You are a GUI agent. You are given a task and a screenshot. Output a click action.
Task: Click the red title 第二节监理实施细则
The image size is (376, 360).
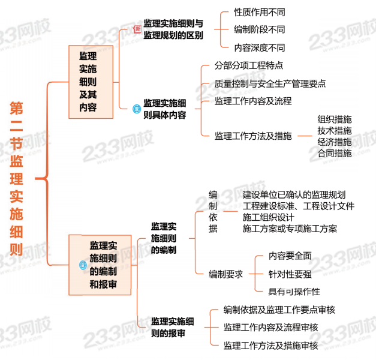(x=16, y=179)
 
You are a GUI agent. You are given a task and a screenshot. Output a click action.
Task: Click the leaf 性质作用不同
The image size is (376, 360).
(x=260, y=12)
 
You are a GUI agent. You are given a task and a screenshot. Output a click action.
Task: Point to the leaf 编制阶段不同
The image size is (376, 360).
(x=260, y=29)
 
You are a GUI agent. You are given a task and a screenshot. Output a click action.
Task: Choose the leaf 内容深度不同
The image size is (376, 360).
(x=260, y=47)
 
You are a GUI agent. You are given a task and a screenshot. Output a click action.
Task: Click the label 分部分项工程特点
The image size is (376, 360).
(x=249, y=65)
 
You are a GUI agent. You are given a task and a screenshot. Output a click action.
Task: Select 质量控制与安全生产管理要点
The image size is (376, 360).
(x=270, y=83)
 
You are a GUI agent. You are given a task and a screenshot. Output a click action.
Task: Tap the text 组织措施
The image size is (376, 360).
(x=335, y=119)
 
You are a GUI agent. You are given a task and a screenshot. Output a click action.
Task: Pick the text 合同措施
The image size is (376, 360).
(x=335, y=153)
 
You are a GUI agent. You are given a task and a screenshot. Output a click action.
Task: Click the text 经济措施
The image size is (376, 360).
(x=335, y=142)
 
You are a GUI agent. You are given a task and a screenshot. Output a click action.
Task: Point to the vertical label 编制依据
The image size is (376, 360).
(x=213, y=212)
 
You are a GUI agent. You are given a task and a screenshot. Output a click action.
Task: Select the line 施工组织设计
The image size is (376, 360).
(x=268, y=217)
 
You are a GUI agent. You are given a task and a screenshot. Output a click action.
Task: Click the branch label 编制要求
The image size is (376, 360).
(x=225, y=274)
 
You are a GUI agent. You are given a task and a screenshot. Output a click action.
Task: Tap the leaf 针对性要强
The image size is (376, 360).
(x=290, y=274)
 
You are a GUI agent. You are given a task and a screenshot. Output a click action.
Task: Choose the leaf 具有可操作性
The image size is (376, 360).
(x=294, y=292)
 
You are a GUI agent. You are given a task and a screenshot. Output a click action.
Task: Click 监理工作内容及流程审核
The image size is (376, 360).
(x=270, y=327)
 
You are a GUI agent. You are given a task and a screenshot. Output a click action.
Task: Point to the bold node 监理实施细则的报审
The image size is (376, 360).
(x=172, y=327)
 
